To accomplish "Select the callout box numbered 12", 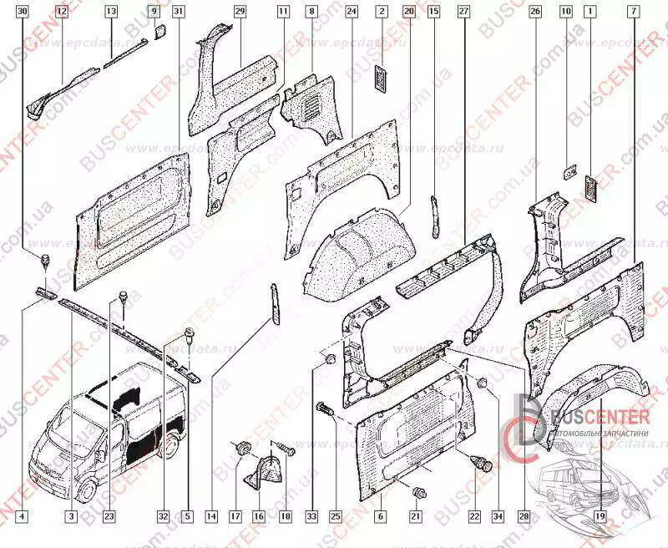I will [61, 12].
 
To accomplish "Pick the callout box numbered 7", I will [635, 12].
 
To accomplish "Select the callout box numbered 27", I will [463, 12].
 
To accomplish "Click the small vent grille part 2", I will [382, 78].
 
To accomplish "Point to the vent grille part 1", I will [591, 189].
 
